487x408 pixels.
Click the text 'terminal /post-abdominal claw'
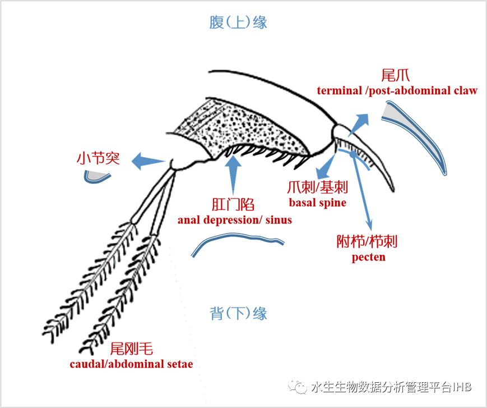point(397,91)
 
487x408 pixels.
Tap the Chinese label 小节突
point(98,158)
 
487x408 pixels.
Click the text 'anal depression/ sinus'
point(235,220)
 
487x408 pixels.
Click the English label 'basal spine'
point(317,203)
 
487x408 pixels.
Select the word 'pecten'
point(368,258)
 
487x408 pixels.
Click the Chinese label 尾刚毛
point(131,348)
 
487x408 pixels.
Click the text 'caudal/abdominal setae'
point(131,364)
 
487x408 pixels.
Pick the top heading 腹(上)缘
point(238,22)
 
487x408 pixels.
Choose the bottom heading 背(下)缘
point(238,313)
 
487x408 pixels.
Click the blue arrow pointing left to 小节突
point(148,162)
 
